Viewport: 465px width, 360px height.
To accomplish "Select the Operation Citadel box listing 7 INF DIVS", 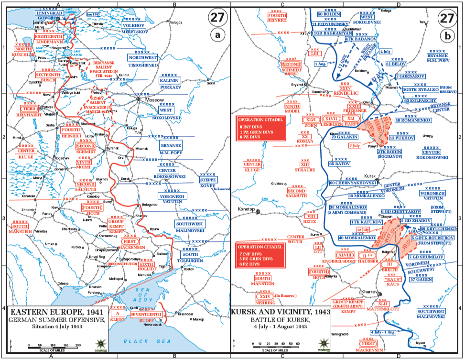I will pos(260,255).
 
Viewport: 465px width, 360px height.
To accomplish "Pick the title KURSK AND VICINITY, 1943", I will pos(280,311).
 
